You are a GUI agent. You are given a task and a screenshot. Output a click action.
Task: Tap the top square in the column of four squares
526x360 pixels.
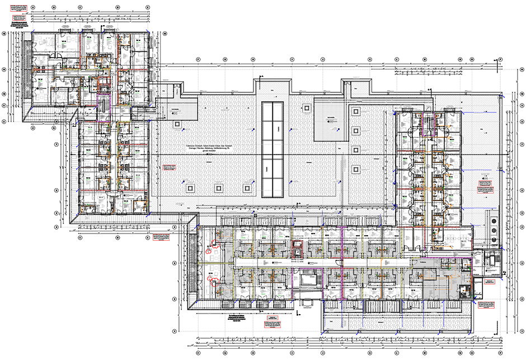pos(356,111)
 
